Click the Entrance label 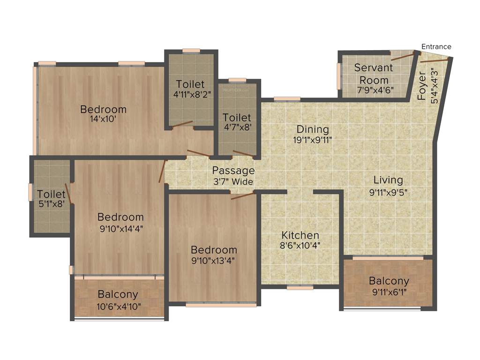[436, 46]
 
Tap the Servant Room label [373, 74]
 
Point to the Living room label [388, 180]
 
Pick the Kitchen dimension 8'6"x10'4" [300, 245]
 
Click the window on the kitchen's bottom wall [300, 287]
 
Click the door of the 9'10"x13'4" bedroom [243, 195]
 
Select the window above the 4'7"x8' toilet [238, 80]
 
